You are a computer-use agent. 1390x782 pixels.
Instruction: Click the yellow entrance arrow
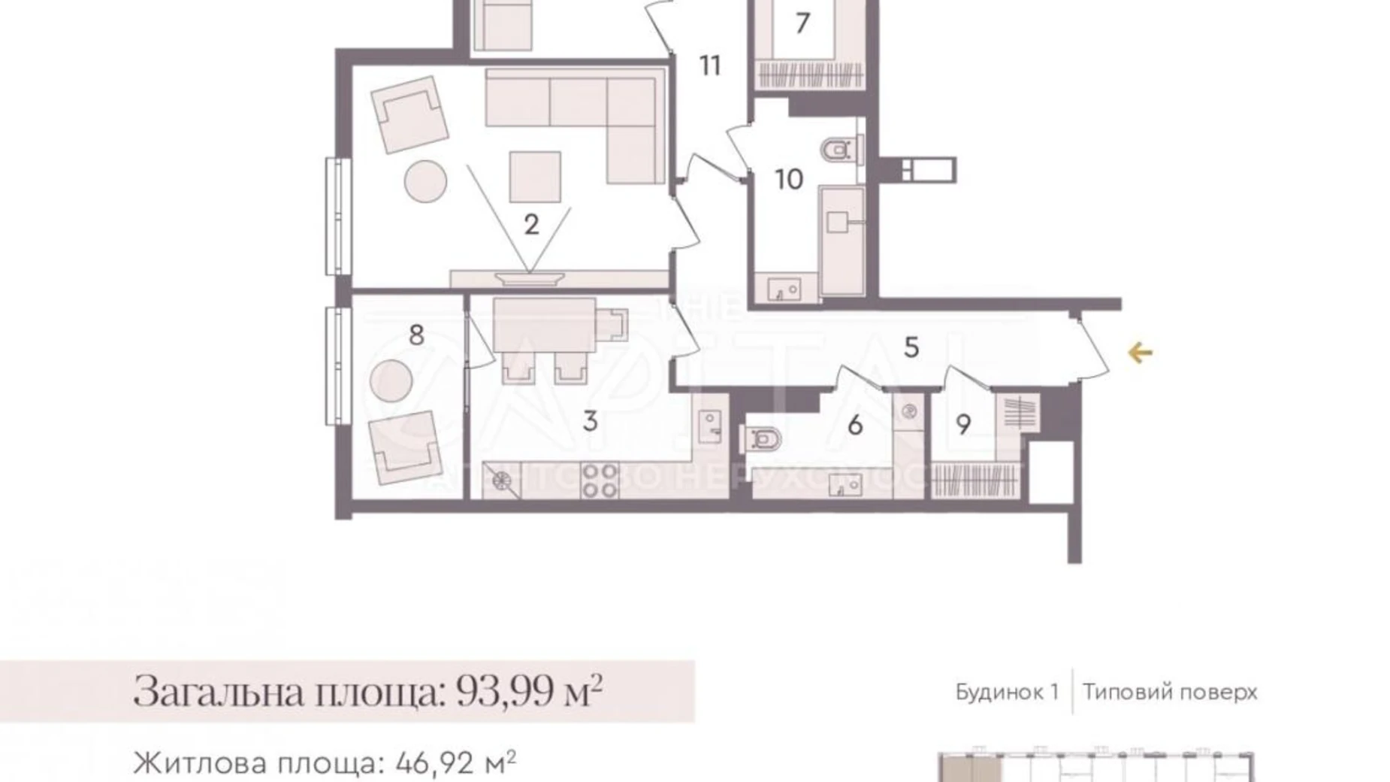1140,352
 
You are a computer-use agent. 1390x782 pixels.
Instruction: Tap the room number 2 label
531,224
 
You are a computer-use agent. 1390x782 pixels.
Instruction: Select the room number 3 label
591,421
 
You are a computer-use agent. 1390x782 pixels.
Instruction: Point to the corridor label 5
911,347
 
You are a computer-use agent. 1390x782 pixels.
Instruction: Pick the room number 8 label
416,335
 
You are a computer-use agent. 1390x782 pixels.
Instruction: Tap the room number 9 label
963,425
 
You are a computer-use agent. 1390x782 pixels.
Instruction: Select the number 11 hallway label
710,66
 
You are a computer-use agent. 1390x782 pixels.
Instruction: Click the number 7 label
802,23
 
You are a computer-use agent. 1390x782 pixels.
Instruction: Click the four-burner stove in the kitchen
600,480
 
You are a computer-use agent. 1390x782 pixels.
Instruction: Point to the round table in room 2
425,181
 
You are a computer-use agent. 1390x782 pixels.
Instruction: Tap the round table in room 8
391,380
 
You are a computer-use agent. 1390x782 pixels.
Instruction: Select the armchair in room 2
409,114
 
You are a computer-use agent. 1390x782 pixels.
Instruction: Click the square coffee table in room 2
535,177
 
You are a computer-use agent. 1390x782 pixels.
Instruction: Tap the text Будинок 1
1006,692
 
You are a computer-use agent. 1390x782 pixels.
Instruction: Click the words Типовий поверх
1170,692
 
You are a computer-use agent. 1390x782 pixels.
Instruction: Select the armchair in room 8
404,448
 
